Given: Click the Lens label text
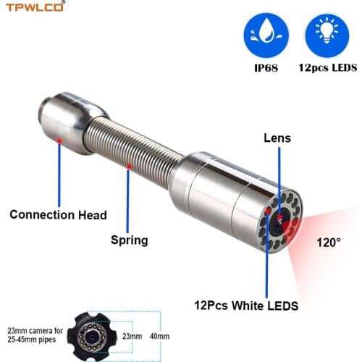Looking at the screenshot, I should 278,136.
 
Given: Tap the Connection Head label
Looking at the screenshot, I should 58,214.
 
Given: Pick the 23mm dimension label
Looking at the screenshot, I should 130,335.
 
